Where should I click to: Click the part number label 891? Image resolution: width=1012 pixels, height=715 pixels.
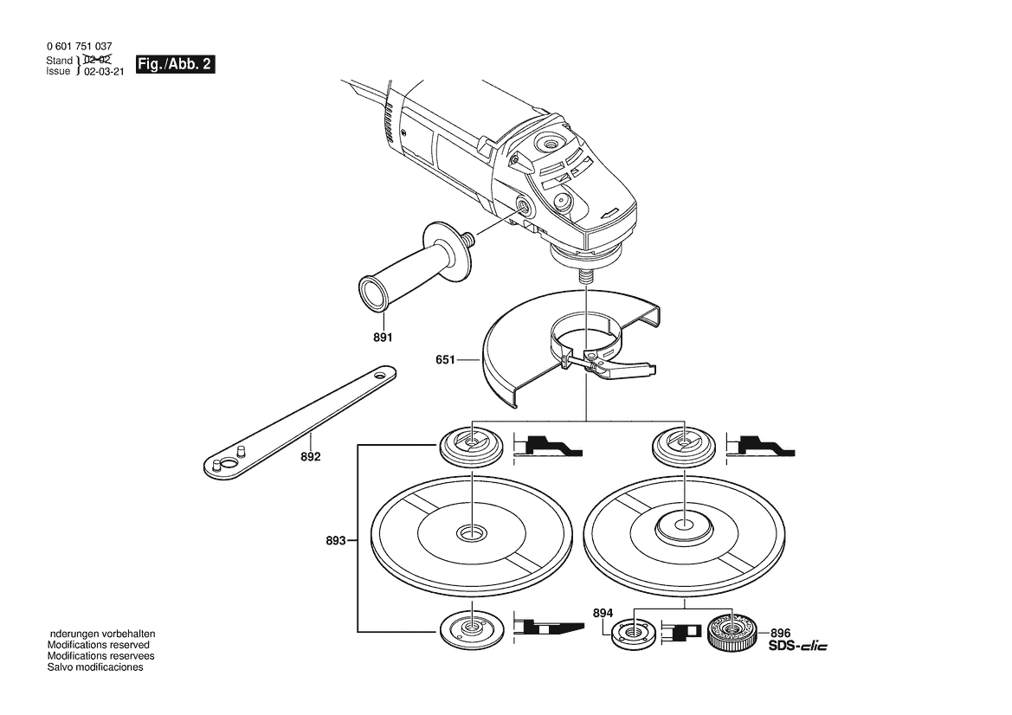click(x=382, y=338)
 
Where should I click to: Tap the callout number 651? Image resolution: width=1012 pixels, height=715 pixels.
click(x=445, y=360)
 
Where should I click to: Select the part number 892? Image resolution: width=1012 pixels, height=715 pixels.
click(x=311, y=457)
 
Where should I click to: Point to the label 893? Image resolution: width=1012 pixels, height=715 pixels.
click(x=336, y=541)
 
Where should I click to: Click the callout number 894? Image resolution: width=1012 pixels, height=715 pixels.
click(x=603, y=613)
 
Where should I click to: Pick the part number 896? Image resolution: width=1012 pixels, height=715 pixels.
click(x=780, y=634)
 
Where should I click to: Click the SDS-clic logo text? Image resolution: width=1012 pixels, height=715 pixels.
click(x=797, y=646)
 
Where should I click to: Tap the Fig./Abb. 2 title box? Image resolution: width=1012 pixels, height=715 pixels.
click(x=174, y=65)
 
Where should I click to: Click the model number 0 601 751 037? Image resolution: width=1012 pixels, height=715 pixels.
click(x=80, y=47)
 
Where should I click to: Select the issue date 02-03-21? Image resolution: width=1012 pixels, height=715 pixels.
click(x=104, y=72)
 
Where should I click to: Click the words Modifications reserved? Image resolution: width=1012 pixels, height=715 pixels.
click(x=98, y=645)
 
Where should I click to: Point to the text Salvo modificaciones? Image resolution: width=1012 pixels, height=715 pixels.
click(x=95, y=667)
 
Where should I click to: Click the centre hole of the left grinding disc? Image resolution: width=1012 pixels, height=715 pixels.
click(x=472, y=533)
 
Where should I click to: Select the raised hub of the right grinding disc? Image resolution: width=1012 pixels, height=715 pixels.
click(x=684, y=527)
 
